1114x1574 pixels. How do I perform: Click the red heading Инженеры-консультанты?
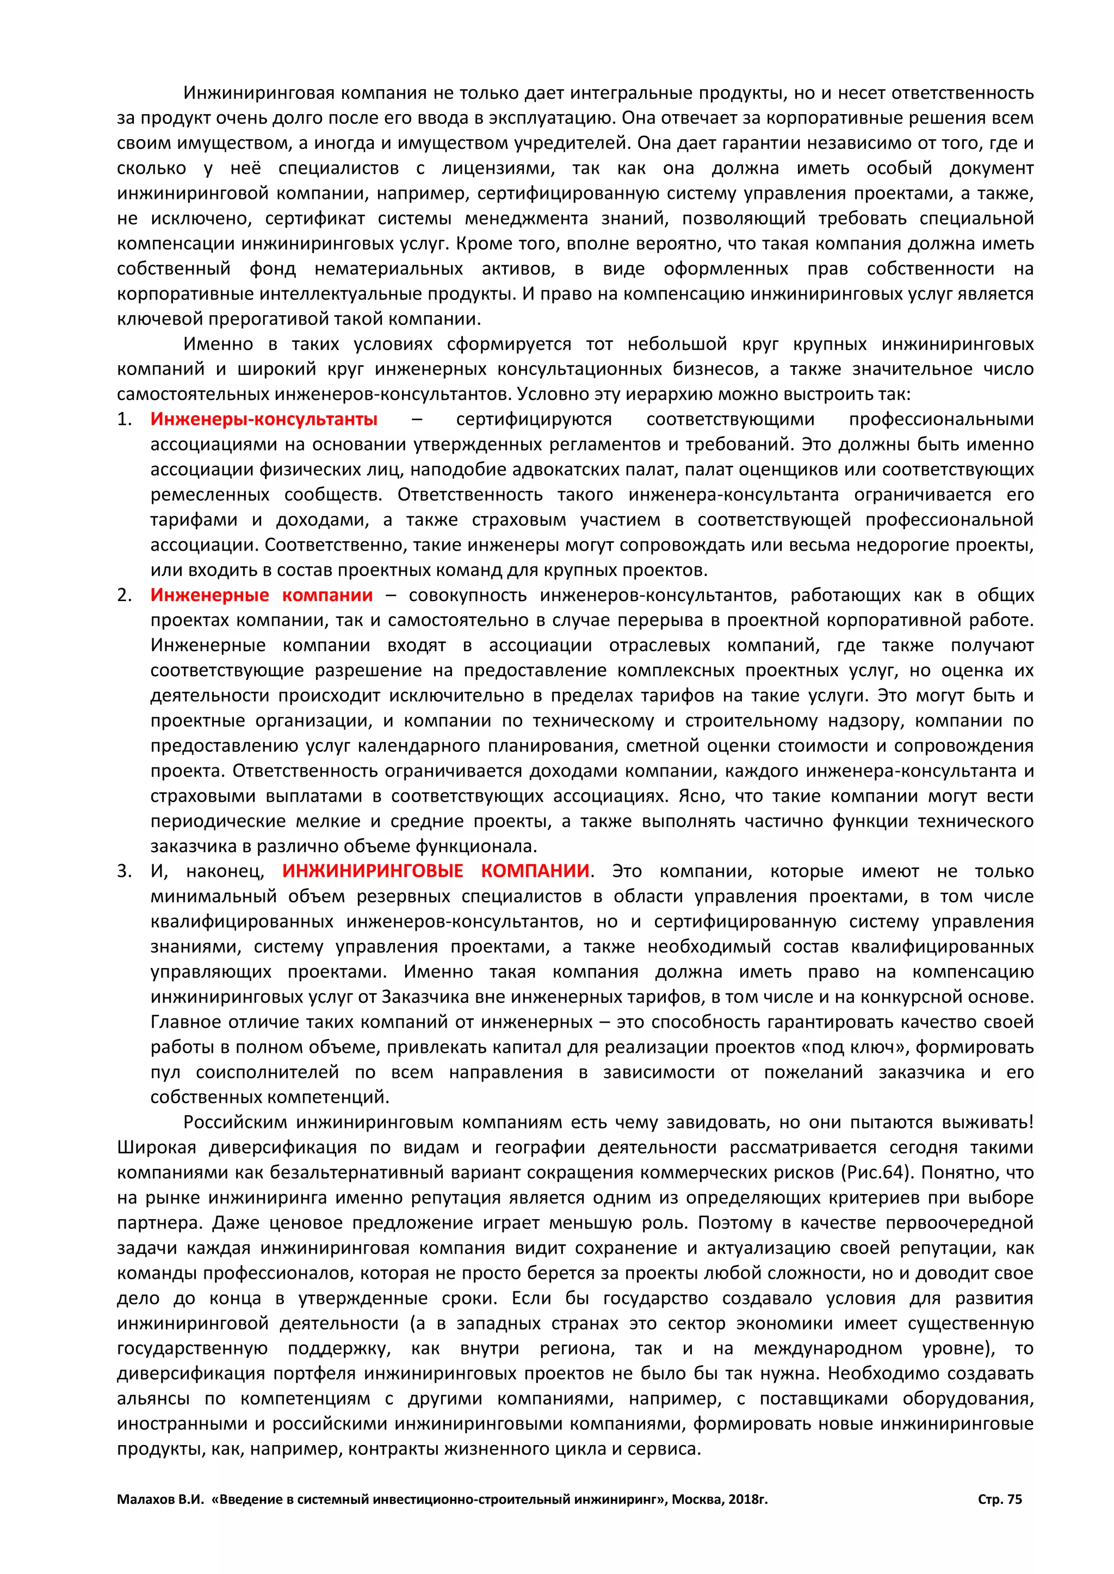click(263, 419)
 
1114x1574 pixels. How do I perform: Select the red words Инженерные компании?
click(261, 595)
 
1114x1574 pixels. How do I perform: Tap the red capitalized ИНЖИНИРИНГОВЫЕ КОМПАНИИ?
click(436, 871)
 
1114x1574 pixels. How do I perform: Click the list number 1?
click(123, 419)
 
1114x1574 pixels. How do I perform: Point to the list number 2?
click(123, 595)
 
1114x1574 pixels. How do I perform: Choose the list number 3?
click(123, 871)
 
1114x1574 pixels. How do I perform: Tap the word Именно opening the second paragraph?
click(218, 343)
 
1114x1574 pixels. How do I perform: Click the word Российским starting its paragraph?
click(236, 1122)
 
